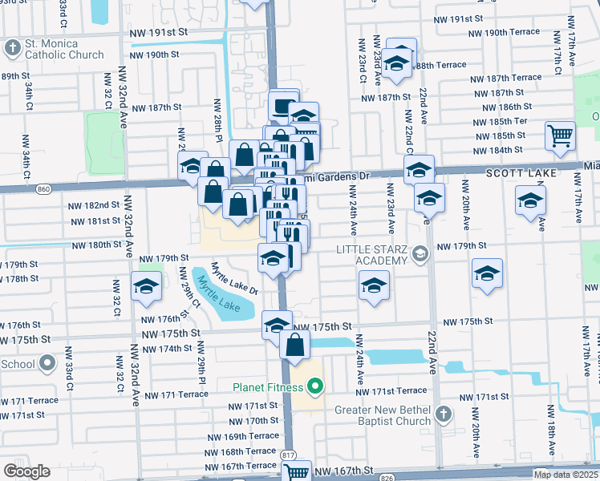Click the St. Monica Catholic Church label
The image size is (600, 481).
[x=63, y=49]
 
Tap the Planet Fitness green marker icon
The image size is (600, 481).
[x=316, y=388]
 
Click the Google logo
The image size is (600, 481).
[x=26, y=471]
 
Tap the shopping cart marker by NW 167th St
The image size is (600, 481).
[x=297, y=473]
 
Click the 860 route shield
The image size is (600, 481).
[x=43, y=189]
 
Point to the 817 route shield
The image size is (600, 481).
[x=287, y=455]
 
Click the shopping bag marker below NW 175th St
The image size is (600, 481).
[x=294, y=344]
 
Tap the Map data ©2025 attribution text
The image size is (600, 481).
[x=566, y=475]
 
